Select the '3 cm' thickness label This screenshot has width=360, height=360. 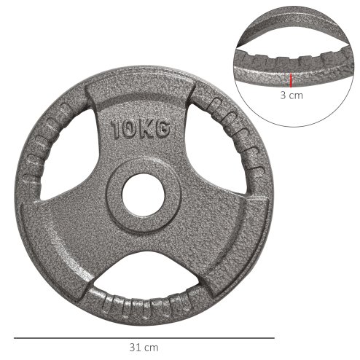point(291,95)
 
